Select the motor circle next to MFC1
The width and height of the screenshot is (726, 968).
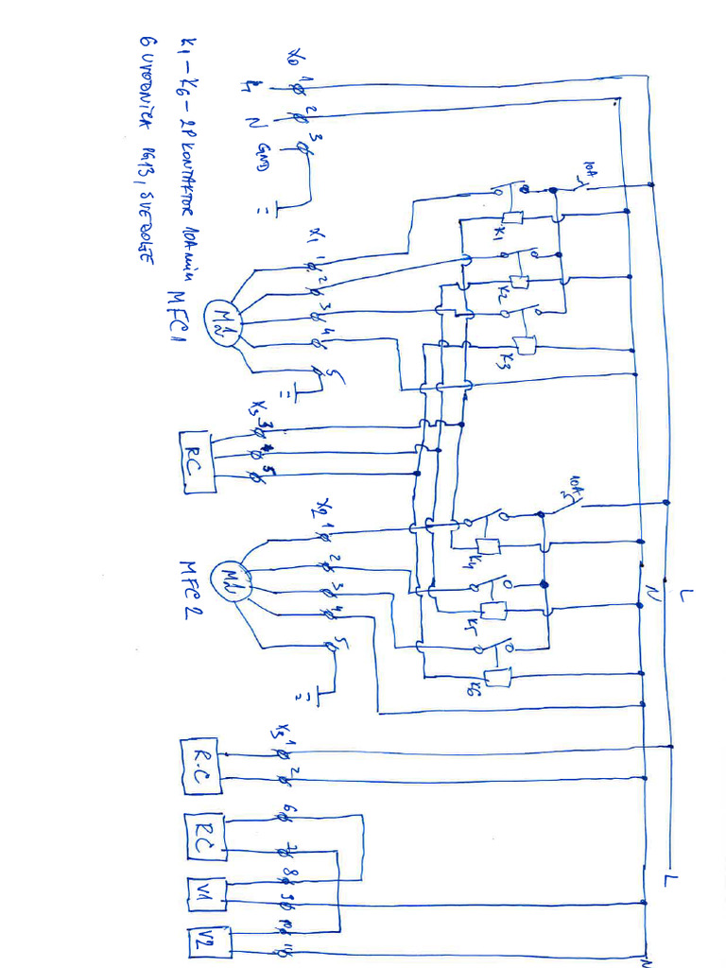tap(224, 322)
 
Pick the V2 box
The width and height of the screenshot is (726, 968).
tap(202, 941)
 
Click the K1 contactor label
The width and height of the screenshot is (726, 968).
tap(501, 234)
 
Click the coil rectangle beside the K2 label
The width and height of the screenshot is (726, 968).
tap(518, 281)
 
